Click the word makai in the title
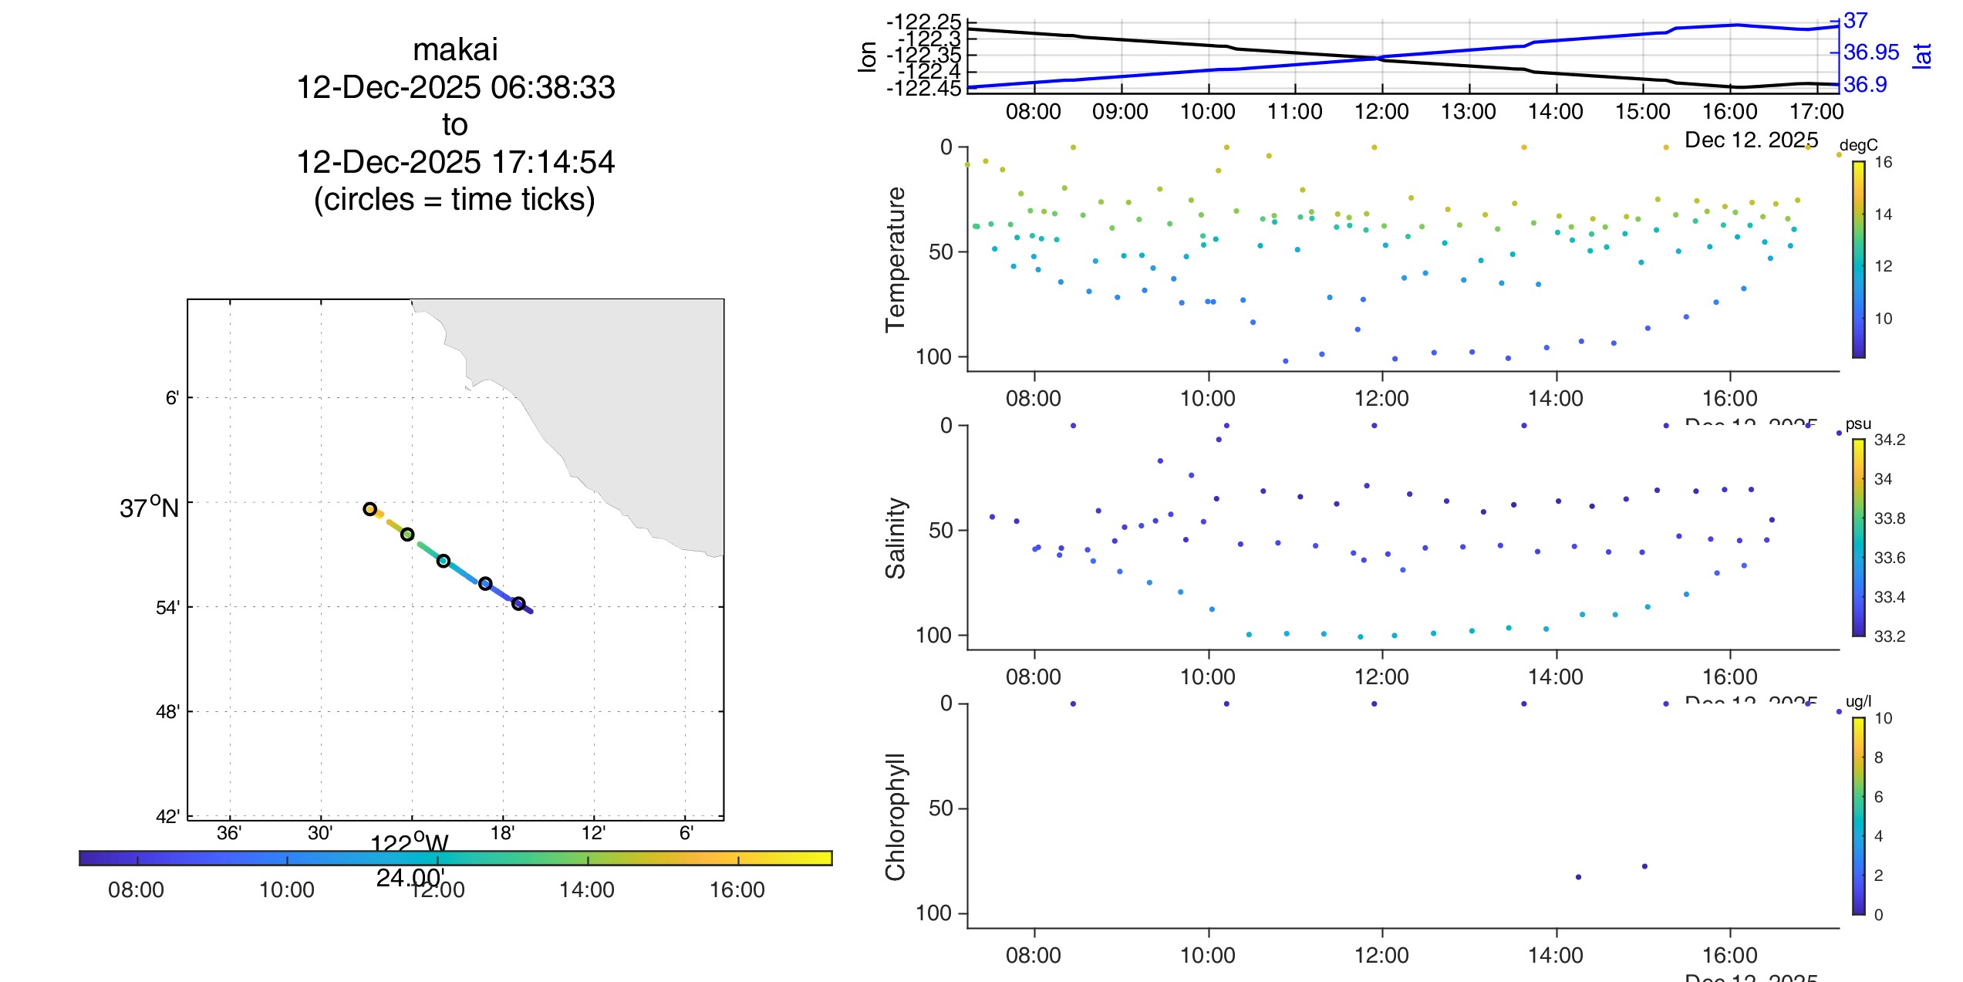click(x=455, y=50)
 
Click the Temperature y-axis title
click(x=895, y=259)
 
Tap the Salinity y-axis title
click(x=895, y=538)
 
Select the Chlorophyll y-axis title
click(x=895, y=816)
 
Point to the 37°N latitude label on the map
click(x=149, y=508)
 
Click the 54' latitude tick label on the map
click(x=167, y=608)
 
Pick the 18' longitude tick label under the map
click(x=502, y=833)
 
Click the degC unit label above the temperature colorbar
click(x=1858, y=145)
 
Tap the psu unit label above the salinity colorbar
click(x=1858, y=424)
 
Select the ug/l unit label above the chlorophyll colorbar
click(x=1858, y=701)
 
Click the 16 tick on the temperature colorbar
click(x=1883, y=162)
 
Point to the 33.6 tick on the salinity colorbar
click(x=1889, y=558)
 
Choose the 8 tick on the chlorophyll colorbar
click(x=1878, y=758)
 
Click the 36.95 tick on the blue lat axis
click(x=1870, y=52)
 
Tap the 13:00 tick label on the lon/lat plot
click(x=1469, y=112)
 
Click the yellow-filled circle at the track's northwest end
click(x=370, y=509)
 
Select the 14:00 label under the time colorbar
click(x=586, y=890)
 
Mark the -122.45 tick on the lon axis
click(x=923, y=89)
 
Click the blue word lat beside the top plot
click(x=1921, y=56)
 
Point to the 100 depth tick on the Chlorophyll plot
click(x=933, y=913)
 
